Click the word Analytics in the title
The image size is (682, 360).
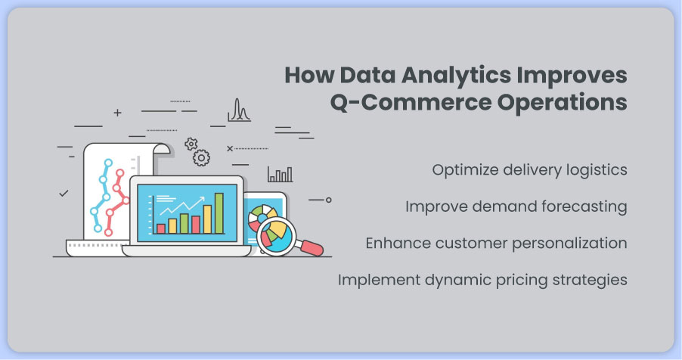[456, 76]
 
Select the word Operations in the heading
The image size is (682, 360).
[562, 103]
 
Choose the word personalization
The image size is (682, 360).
[569, 244]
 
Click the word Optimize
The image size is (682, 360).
[465, 170]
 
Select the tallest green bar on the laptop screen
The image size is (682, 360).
[219, 213]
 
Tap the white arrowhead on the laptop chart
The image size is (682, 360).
[201, 200]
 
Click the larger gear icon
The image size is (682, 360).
[201, 157]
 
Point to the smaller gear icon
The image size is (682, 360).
[191, 144]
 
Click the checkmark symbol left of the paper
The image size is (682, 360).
[64, 193]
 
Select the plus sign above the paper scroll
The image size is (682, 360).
[117, 113]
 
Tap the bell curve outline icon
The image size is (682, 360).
[239, 110]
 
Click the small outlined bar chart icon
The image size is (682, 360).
[280, 174]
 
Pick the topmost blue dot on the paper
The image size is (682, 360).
[108, 163]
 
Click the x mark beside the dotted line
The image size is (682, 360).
[230, 148]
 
